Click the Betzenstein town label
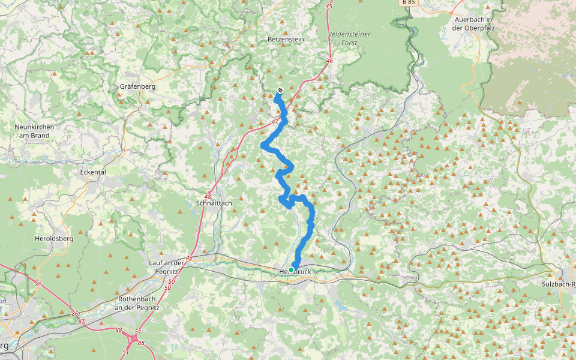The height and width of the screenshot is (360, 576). [286, 39]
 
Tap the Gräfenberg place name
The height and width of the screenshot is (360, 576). [137, 87]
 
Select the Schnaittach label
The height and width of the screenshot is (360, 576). [214, 203]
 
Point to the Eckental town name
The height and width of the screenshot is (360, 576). [92, 172]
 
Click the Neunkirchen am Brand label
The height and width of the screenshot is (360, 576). [34, 131]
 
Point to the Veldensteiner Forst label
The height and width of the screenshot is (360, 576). [349, 38]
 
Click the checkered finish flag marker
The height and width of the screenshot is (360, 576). [280, 91]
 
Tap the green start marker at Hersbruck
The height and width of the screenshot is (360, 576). [291, 270]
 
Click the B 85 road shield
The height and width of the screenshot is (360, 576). [408, 3]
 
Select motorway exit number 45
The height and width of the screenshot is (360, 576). [328, 6]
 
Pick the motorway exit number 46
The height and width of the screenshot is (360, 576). [329, 61]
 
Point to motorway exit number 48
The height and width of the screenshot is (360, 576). [208, 197]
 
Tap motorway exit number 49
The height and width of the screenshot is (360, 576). [189, 258]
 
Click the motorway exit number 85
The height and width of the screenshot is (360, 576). [38, 284]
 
